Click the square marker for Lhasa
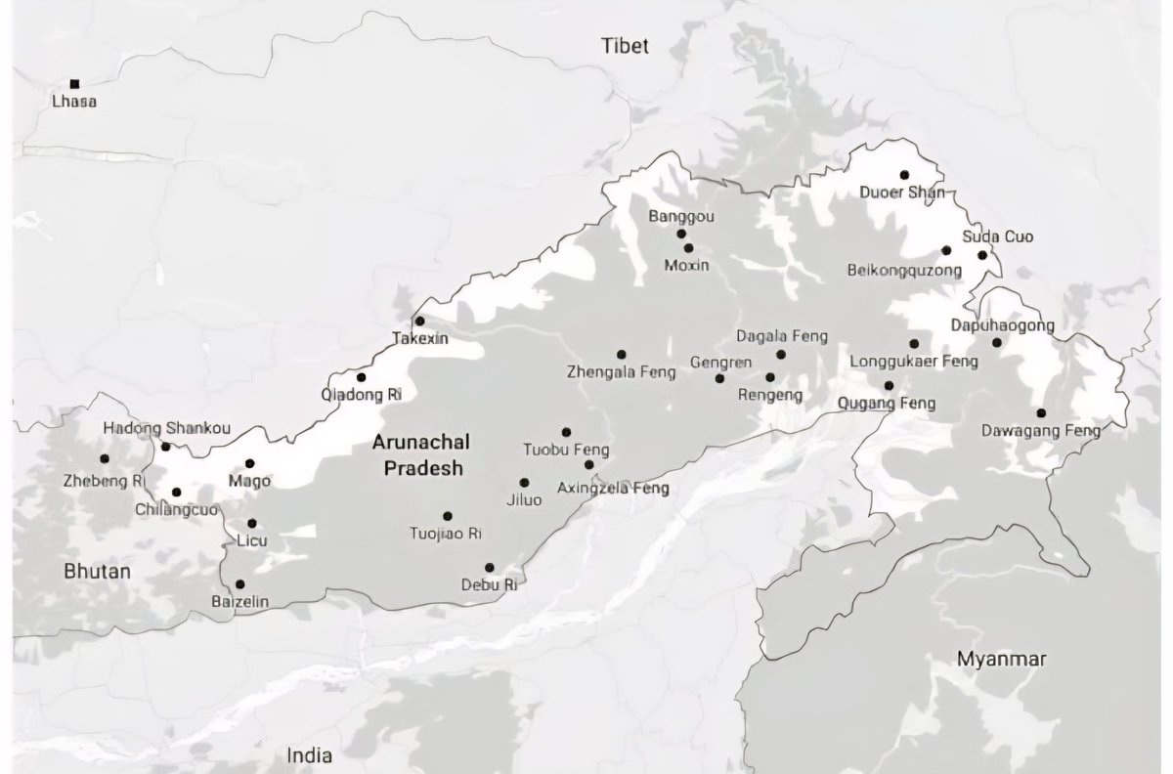[x=74, y=84]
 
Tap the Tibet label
[x=626, y=46]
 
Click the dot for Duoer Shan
[x=904, y=175]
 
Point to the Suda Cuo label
[x=997, y=236]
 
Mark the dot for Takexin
[x=420, y=321]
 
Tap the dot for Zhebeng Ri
[x=104, y=458]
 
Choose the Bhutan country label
[x=96, y=571]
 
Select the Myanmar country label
[x=1002, y=659]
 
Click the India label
[x=309, y=754]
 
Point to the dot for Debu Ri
[x=489, y=568]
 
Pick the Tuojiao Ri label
[x=446, y=534]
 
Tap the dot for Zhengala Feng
[x=621, y=354]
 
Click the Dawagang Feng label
[x=1041, y=430]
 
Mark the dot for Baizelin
[x=240, y=584]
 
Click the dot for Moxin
[x=688, y=248]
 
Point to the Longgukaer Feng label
[x=914, y=362]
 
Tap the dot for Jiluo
[x=524, y=483]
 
